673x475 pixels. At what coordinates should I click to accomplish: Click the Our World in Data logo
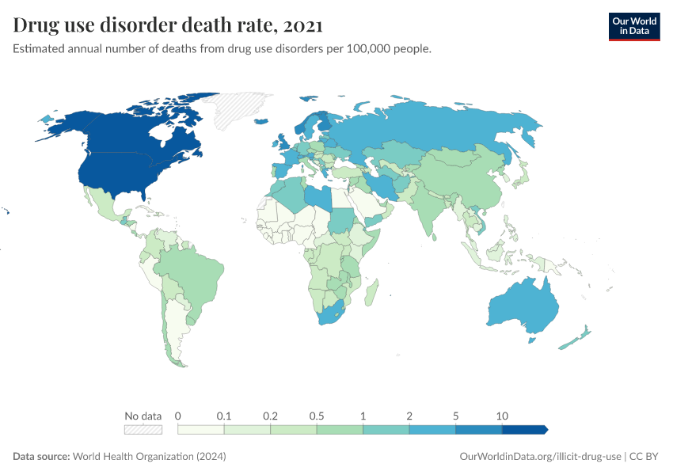coord(633,25)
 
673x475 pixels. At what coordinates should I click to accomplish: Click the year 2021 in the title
coord(302,25)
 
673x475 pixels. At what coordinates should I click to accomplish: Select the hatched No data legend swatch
coord(143,429)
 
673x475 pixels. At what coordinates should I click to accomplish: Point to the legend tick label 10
coord(502,416)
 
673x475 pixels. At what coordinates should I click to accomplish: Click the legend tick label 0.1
coord(224,416)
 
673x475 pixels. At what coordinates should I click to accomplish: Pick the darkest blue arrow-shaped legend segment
coord(524,429)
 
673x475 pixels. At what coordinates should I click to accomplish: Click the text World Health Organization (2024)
coord(150,457)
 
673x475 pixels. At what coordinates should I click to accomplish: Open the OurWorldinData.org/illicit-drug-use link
coord(540,457)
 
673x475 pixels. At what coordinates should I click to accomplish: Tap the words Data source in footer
coord(40,457)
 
